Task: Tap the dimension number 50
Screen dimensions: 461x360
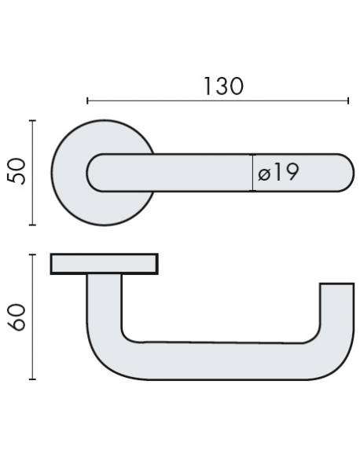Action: (x=20, y=172)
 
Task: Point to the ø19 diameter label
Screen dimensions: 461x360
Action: (x=278, y=173)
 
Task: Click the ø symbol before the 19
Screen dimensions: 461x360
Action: (x=264, y=174)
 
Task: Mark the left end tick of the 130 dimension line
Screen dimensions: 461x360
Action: (x=87, y=101)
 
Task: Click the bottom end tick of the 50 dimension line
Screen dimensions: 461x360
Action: (x=31, y=225)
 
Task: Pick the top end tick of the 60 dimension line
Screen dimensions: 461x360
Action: (x=31, y=254)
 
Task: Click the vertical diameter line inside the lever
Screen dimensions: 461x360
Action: (x=253, y=172)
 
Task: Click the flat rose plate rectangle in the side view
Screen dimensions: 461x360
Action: (x=105, y=264)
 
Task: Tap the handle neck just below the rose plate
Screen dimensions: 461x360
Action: (x=104, y=295)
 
